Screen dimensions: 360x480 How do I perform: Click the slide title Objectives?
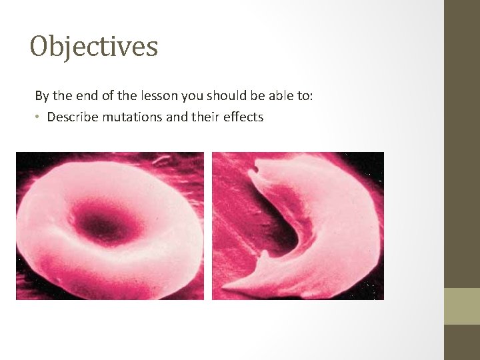pyautogui.click(x=94, y=47)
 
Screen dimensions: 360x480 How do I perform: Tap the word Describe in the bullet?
pyautogui.click(x=70, y=117)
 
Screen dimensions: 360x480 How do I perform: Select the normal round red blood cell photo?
pyautogui.click(x=110, y=226)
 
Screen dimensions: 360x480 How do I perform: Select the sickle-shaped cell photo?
pyautogui.click(x=298, y=226)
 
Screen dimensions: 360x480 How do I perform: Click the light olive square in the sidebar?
pyautogui.click(x=462, y=306)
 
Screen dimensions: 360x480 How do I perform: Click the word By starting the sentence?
pyautogui.click(x=42, y=96)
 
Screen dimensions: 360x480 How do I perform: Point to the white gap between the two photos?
pyautogui.click(x=208, y=226)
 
